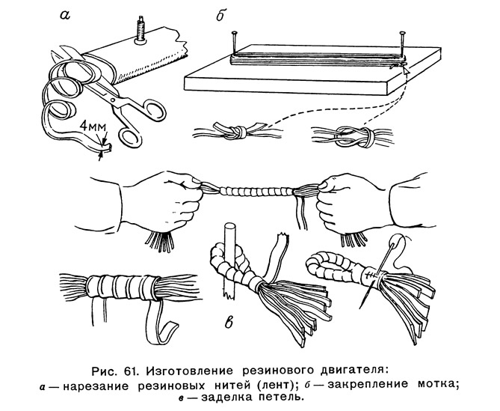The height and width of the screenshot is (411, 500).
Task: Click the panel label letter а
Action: click(x=64, y=15)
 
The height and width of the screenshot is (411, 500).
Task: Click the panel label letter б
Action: click(x=220, y=15)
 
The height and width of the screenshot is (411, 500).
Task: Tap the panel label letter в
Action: click(x=229, y=322)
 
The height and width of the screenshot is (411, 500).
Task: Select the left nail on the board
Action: click(x=235, y=43)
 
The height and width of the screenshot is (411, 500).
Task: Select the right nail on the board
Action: click(x=402, y=44)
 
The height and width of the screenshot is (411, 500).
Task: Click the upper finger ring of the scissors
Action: click(x=154, y=110)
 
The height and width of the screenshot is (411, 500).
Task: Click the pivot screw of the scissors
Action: click(x=112, y=100)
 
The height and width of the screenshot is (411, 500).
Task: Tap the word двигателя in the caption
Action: click(x=355, y=371)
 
